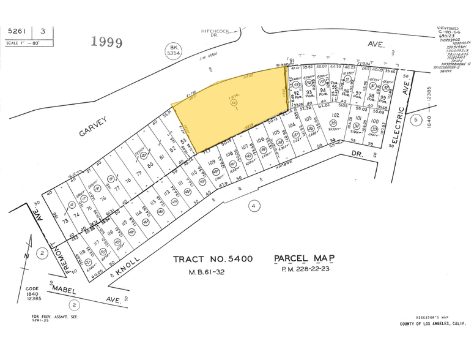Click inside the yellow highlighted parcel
tap(232, 101)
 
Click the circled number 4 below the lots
tap(253, 206)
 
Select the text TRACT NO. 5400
tap(213, 260)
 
